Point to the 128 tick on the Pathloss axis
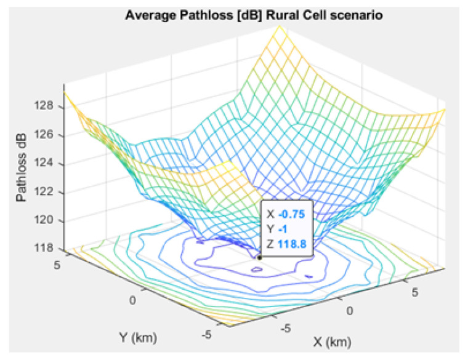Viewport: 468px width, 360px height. coord(48,106)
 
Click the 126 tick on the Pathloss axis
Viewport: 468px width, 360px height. coord(48,135)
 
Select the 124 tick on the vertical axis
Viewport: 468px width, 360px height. coord(48,163)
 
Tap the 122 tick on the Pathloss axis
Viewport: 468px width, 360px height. coord(48,191)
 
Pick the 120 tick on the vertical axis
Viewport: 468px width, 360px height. coord(48,220)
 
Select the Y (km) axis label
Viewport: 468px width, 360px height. coord(139,337)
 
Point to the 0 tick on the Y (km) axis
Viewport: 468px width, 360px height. coord(132,299)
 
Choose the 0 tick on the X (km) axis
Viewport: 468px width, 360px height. coord(350,311)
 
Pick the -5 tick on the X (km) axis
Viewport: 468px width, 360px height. coord(285,329)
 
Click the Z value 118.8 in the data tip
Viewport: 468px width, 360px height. coord(293,244)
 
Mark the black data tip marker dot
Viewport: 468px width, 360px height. coord(260,257)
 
